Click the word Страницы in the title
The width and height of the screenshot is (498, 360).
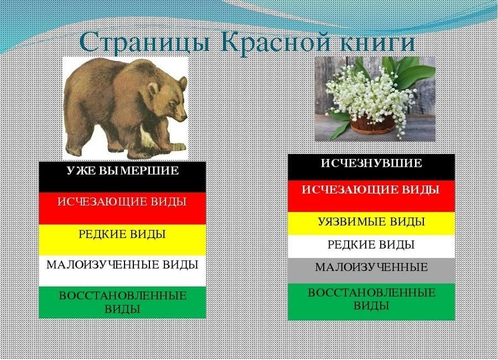[145, 42]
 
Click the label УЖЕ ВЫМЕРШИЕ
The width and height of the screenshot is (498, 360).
[123, 171]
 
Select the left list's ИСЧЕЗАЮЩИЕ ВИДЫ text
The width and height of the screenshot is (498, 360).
[122, 202]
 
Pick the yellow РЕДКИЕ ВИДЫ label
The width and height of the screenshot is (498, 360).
[122, 234]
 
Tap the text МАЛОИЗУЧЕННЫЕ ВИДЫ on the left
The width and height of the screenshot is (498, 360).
[122, 265]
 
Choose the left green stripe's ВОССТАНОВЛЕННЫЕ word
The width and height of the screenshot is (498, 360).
[123, 296]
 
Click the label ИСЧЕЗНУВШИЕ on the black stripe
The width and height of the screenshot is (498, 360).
[371, 163]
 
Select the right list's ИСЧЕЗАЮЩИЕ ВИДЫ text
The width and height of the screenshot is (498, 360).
[371, 190]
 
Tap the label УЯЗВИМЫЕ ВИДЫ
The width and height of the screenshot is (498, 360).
[371, 222]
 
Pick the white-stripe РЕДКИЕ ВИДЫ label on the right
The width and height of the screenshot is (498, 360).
[371, 245]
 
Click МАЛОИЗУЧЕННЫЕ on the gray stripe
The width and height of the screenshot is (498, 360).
[371, 267]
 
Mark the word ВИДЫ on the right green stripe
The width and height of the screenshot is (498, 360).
[371, 306]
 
